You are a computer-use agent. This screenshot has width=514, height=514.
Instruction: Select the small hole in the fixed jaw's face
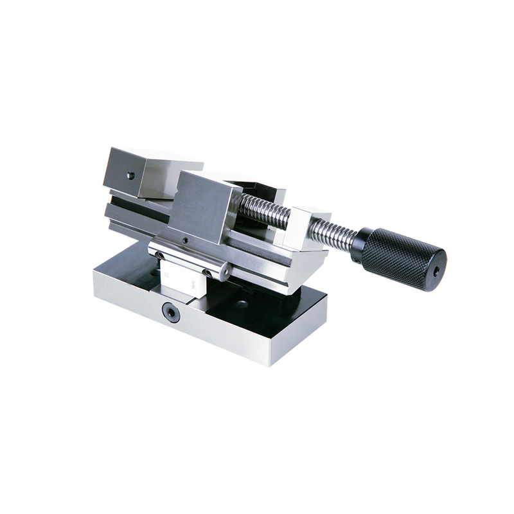coord(130,175)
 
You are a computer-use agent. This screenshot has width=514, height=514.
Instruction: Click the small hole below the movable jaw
coord(184,240)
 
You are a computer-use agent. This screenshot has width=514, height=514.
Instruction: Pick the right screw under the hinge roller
coord(206,272)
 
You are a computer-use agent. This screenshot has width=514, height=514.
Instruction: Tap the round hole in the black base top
coord(242,303)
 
